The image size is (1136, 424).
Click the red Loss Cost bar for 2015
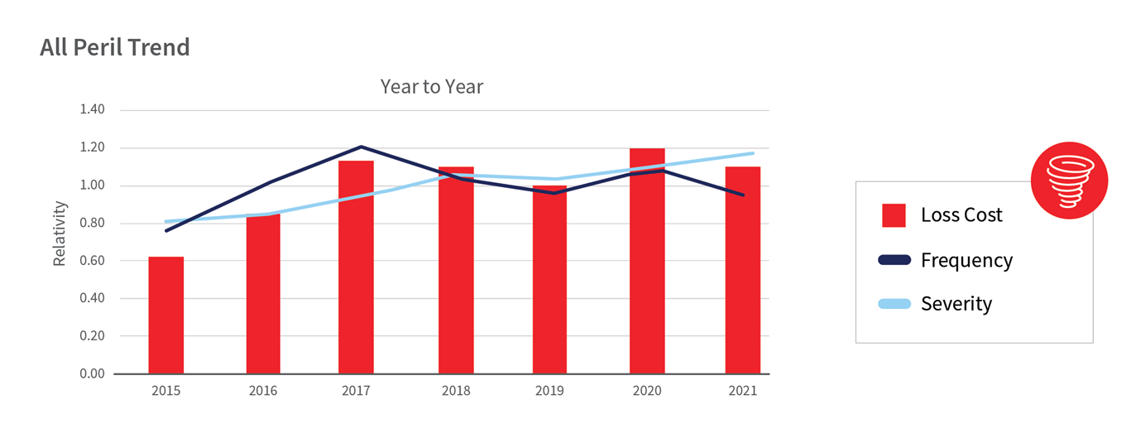click(165, 316)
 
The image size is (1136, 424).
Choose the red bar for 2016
click(263, 294)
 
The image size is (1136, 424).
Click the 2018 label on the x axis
click(455, 391)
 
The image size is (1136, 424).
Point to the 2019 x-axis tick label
click(549, 391)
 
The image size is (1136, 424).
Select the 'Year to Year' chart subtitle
click(431, 86)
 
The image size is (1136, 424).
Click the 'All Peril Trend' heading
click(115, 47)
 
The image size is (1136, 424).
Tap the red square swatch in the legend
click(894, 215)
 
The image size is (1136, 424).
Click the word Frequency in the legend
click(966, 260)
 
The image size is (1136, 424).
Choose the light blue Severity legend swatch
click(894, 304)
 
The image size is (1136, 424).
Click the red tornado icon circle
click(1069, 181)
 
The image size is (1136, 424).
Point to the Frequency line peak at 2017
click(361, 147)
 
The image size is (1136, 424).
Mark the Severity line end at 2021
click(753, 153)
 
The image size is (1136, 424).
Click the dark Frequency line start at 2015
click(166, 230)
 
